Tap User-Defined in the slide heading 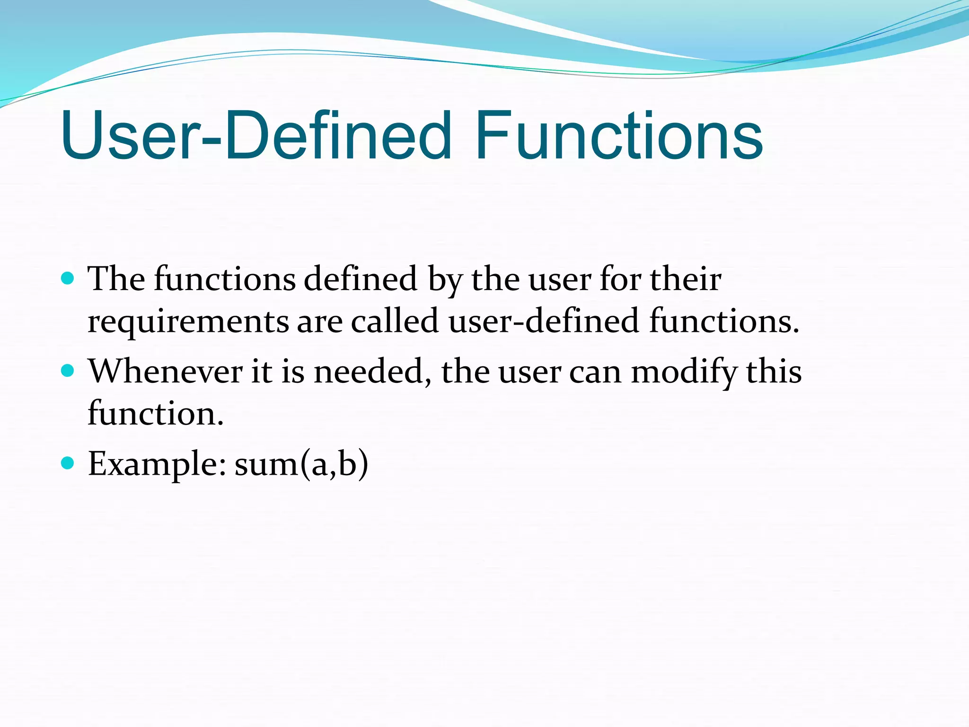(x=255, y=136)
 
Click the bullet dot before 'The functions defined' (x=68, y=278)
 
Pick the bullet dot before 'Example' (x=68, y=462)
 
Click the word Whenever (x=166, y=372)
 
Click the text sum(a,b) (x=301, y=464)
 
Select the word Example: (x=157, y=465)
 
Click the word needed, (x=373, y=372)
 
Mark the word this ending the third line (x=774, y=372)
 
